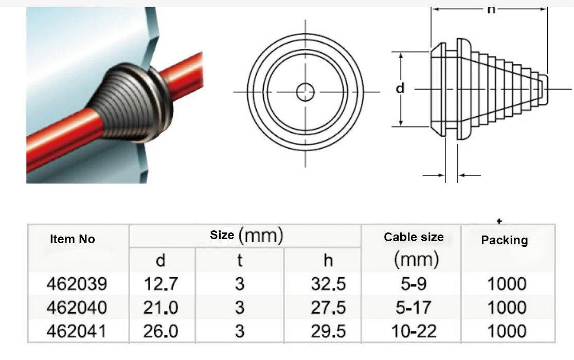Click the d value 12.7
[x=160, y=283]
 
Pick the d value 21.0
[x=160, y=307]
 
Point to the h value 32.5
[x=328, y=283]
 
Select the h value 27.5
[x=328, y=307]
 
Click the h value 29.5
[x=328, y=331]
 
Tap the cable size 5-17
[x=415, y=307]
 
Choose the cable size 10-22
[x=415, y=331]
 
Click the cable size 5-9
[x=415, y=283]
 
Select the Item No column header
[x=73, y=239]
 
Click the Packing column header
[x=504, y=240]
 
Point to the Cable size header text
[x=414, y=237]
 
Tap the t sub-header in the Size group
[x=239, y=260]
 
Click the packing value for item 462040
[x=507, y=307]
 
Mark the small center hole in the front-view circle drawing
[x=306, y=92]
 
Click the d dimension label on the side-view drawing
[x=400, y=88]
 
